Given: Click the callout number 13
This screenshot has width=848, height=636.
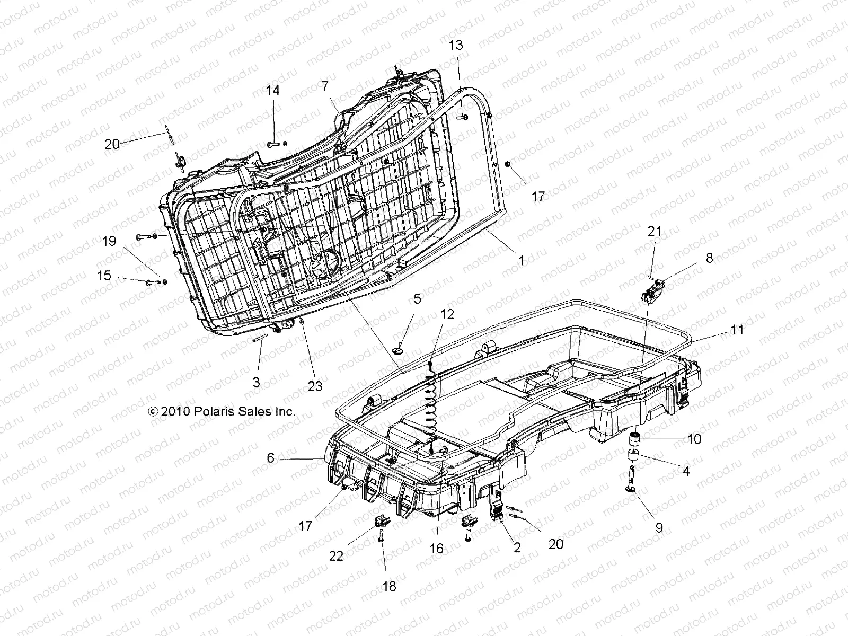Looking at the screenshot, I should (x=456, y=45).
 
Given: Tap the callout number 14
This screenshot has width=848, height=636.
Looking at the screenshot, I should (x=287, y=91).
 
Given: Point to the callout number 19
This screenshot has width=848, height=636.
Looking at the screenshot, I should (x=109, y=242).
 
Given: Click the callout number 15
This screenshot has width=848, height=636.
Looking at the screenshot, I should (x=104, y=276).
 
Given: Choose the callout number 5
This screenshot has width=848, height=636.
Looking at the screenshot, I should (x=417, y=299).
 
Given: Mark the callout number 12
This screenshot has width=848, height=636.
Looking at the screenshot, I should (x=447, y=314).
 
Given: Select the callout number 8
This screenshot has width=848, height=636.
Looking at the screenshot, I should (x=709, y=258).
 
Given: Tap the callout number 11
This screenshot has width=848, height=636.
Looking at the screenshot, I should (x=737, y=330).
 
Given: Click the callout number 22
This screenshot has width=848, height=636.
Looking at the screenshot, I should (x=336, y=555).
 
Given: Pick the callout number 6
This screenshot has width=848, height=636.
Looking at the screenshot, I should (x=271, y=457).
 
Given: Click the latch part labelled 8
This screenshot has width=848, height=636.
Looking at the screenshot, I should (x=653, y=289).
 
